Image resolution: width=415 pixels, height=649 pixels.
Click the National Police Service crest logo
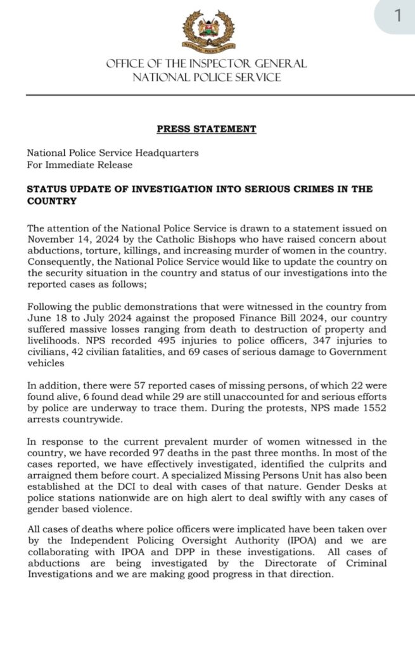point(208,30)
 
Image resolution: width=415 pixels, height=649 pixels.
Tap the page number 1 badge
point(397,16)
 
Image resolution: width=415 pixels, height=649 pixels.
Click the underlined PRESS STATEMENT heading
point(207,129)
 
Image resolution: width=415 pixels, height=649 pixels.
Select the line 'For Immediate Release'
point(80,165)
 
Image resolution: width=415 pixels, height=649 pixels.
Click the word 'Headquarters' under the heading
point(170,153)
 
